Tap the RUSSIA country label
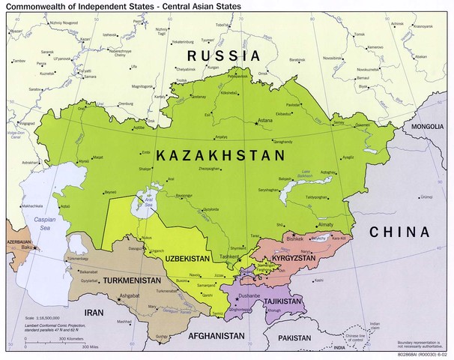click(x=223, y=55)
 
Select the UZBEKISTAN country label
click(x=188, y=257)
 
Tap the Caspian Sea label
click(x=45, y=222)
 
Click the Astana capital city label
click(x=267, y=120)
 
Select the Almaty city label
click(x=325, y=224)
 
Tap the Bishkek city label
click(x=297, y=238)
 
